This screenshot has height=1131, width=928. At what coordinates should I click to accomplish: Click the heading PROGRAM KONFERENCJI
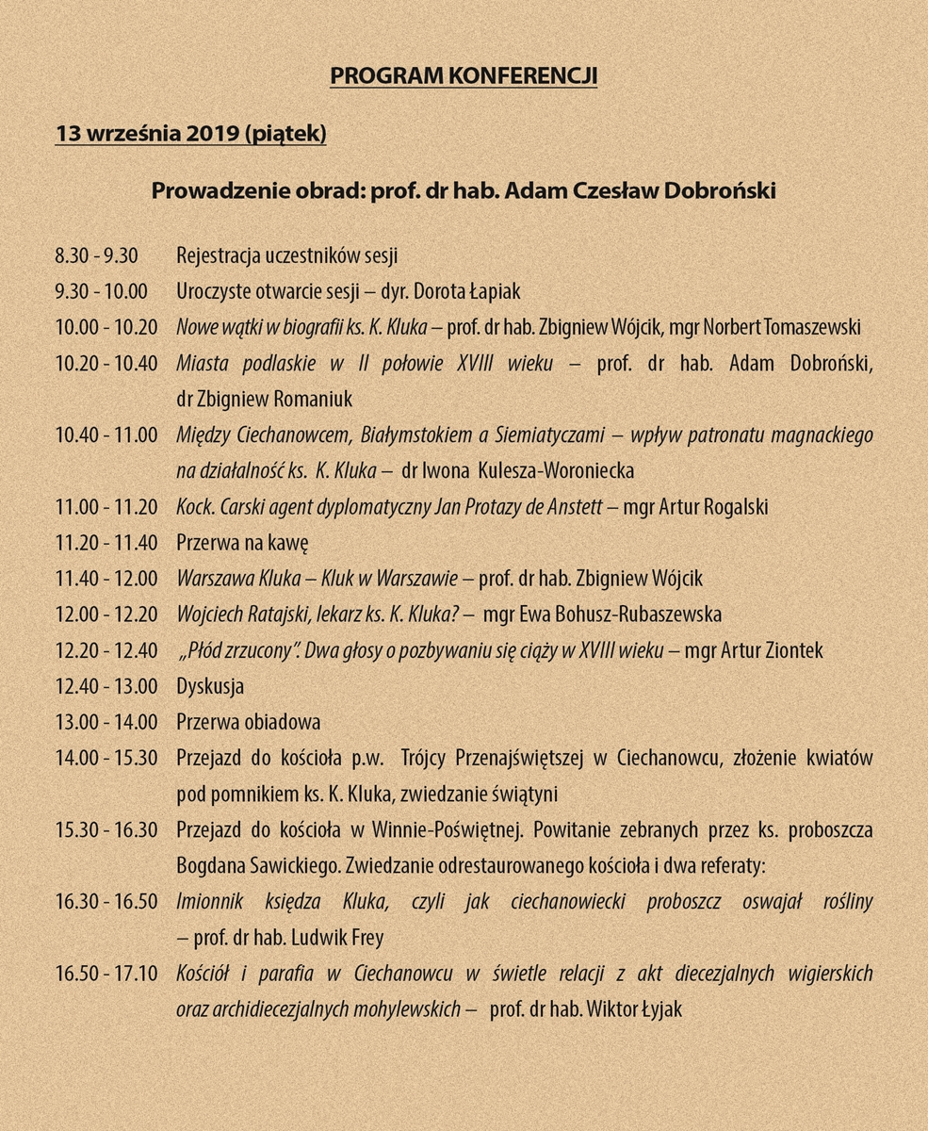464,76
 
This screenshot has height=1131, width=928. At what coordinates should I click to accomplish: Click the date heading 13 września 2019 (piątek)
190,134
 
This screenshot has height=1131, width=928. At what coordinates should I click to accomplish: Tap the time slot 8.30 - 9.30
97,255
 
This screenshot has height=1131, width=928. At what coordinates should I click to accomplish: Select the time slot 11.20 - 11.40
106,543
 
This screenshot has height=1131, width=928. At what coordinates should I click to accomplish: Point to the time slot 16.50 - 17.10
106,974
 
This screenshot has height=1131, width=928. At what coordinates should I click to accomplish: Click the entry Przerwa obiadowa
249,722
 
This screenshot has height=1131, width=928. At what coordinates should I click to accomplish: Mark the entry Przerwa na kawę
243,543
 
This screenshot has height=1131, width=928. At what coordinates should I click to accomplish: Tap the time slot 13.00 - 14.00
106,722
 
